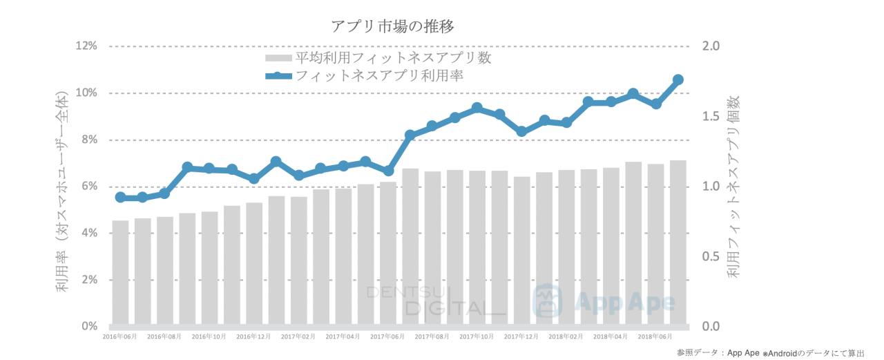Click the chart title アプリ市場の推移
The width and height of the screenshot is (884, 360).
(x=392, y=26)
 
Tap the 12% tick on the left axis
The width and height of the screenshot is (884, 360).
(x=86, y=46)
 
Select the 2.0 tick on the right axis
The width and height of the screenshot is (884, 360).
(x=711, y=46)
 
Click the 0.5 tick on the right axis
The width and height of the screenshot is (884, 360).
(x=711, y=256)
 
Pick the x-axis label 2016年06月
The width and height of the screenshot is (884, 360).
(x=119, y=337)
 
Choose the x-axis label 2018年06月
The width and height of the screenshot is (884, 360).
(x=656, y=337)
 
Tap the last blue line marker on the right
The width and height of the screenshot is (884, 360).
(x=678, y=79)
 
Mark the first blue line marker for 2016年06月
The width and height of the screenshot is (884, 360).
(x=120, y=198)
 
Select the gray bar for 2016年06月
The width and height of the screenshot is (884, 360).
(x=120, y=272)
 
